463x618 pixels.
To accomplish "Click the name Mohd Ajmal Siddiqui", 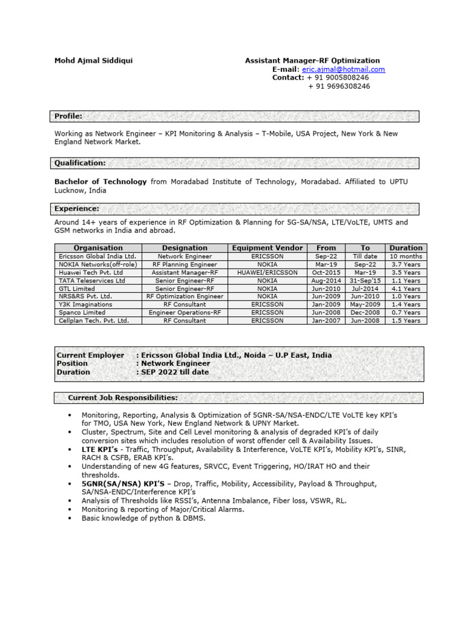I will tap(93, 60).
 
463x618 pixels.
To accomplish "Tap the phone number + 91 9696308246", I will tap(339, 86).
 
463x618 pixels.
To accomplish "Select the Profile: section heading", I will tap(69, 116).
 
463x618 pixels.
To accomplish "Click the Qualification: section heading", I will tap(80, 163).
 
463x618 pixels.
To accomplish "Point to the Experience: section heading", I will tap(77, 209).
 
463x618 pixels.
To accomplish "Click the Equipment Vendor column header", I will tap(265, 248).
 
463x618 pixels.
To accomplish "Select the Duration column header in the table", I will tap(406, 248).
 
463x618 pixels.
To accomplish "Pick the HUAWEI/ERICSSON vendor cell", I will tap(265, 273).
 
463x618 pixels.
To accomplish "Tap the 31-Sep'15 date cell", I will tap(365, 281).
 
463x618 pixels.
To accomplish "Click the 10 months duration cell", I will tap(406, 256).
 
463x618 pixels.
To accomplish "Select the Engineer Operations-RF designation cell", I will tap(184, 313).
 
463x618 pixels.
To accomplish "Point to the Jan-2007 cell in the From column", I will tap(326, 321).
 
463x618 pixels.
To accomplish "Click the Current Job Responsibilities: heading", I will tap(122, 398).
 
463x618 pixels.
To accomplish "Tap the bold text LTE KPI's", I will tap(100, 450).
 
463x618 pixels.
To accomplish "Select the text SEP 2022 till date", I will tap(175, 372).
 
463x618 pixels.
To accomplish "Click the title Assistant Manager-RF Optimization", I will tap(312, 60).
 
